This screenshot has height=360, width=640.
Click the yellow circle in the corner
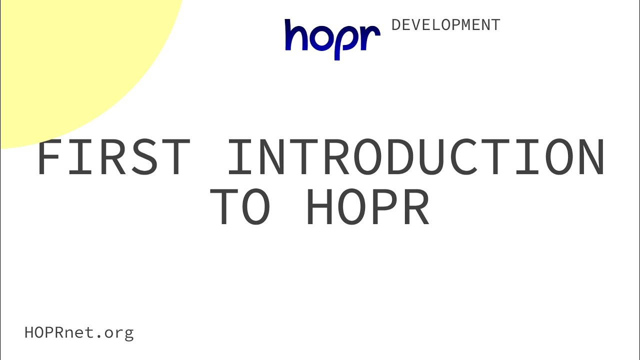pyautogui.click(x=71, y=63)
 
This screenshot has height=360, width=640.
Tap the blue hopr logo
pyautogui.click(x=332, y=39)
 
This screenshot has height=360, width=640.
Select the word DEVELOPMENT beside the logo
pyautogui.click(x=445, y=25)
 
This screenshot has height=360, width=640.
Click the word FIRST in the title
pyautogui.click(x=113, y=156)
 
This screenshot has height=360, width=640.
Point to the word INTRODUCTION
pyautogui.click(x=416, y=156)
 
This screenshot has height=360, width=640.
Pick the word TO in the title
pyautogui.click(x=240, y=206)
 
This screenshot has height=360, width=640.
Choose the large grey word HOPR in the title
pyautogui.click(x=368, y=206)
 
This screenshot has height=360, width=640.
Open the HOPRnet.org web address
pyautogui.click(x=79, y=333)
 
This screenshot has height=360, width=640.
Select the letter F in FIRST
pyautogui.click(x=49, y=156)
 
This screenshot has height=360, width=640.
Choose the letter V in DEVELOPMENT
pyautogui.click(x=416, y=25)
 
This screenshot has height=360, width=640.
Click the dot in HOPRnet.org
pyautogui.click(x=99, y=337)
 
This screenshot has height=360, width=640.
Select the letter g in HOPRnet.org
pyautogui.click(x=129, y=334)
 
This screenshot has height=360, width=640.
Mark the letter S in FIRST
pyautogui.click(x=145, y=156)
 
